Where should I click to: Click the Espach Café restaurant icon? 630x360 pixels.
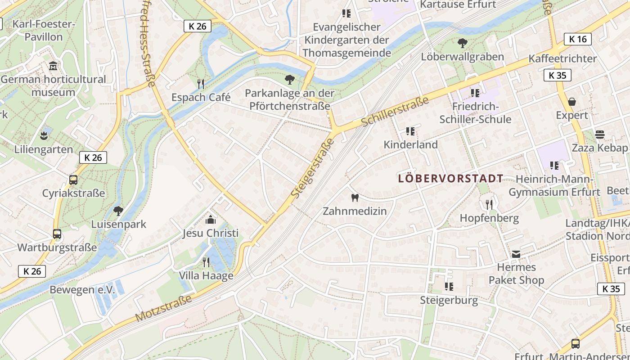click(x=201, y=84)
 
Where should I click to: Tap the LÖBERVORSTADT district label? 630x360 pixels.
click(x=450, y=179)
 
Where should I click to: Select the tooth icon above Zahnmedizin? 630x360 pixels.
click(x=355, y=198)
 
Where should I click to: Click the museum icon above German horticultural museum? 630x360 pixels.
click(x=53, y=66)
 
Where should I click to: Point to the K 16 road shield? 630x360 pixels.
click(x=578, y=39)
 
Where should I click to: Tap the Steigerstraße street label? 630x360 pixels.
click(x=313, y=168)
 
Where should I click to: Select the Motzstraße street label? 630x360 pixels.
click(x=163, y=308)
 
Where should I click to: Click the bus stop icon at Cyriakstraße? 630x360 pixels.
click(x=73, y=180)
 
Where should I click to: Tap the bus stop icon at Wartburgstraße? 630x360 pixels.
click(x=57, y=234)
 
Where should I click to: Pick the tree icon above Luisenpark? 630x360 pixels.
click(x=118, y=211)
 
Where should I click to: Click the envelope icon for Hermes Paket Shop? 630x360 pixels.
click(x=516, y=255)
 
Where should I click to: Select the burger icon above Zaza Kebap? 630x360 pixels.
click(x=599, y=135)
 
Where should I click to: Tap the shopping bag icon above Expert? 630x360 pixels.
click(x=571, y=102)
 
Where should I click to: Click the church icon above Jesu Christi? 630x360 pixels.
click(x=210, y=220)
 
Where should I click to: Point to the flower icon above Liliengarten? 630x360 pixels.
click(x=44, y=135)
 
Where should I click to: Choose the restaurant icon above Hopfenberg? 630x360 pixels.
click(x=489, y=205)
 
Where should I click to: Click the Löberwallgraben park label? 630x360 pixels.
click(x=462, y=57)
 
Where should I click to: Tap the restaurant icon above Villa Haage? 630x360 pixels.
click(x=206, y=262)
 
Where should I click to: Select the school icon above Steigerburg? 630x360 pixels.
click(x=449, y=286)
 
